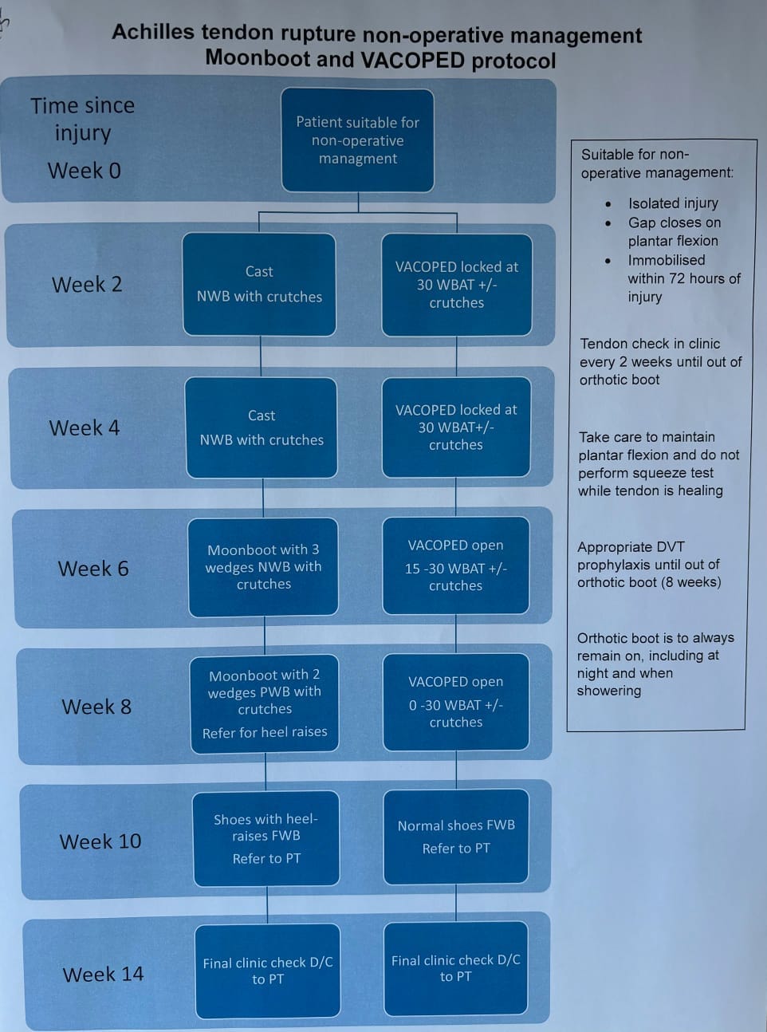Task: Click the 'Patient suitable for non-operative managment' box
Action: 358,140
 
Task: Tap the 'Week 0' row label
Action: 85,171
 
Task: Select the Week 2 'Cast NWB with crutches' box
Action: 259,284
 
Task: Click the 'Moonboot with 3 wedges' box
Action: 263,567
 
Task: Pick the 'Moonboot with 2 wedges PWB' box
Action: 265,703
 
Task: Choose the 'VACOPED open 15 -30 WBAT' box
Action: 456,565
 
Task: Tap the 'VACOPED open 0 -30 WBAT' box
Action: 456,702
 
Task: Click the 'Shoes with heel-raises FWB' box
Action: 266,838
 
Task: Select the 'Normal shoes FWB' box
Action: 456,837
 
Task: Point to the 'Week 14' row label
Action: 104,974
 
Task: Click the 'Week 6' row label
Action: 93,569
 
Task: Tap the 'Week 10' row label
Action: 100,841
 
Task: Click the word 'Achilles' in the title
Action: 153,33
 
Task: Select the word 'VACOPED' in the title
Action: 412,60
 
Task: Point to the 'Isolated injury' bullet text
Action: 673,203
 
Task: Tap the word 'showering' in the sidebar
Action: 609,691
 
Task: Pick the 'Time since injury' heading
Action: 83,119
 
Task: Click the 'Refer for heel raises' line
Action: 265,732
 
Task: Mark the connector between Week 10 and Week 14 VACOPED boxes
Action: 456,903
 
